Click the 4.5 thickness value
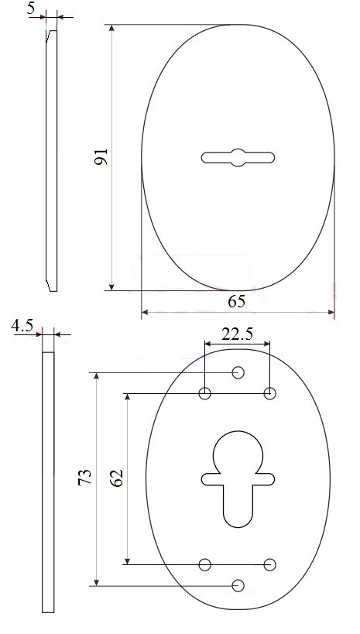22,327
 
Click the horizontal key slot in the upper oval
238,157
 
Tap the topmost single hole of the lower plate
238,373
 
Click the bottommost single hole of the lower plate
238,585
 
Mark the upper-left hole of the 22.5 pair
205,393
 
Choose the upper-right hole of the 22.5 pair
270,393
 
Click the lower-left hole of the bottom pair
205,564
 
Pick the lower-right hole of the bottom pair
270,564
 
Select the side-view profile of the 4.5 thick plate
48,480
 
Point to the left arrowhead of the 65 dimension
145,314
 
